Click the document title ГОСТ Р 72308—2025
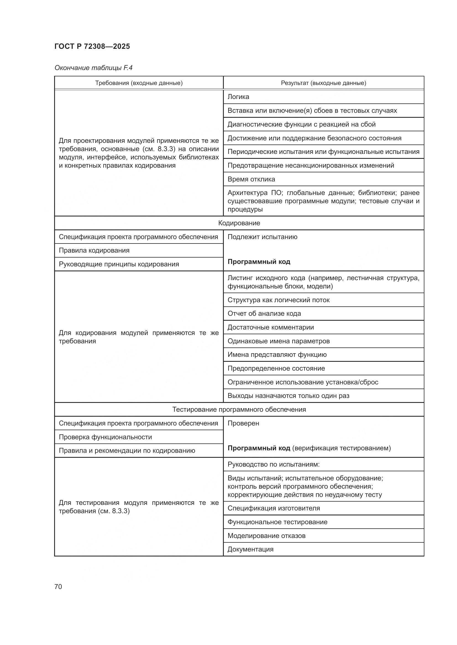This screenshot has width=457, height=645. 92,46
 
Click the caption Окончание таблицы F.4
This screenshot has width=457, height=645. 93,68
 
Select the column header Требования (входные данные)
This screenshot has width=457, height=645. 139,83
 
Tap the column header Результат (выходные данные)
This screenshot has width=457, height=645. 323,83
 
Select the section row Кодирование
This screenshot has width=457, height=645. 239,223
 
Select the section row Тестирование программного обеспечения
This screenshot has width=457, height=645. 239,410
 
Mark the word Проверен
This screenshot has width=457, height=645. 243,423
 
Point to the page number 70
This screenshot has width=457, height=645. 58,587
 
